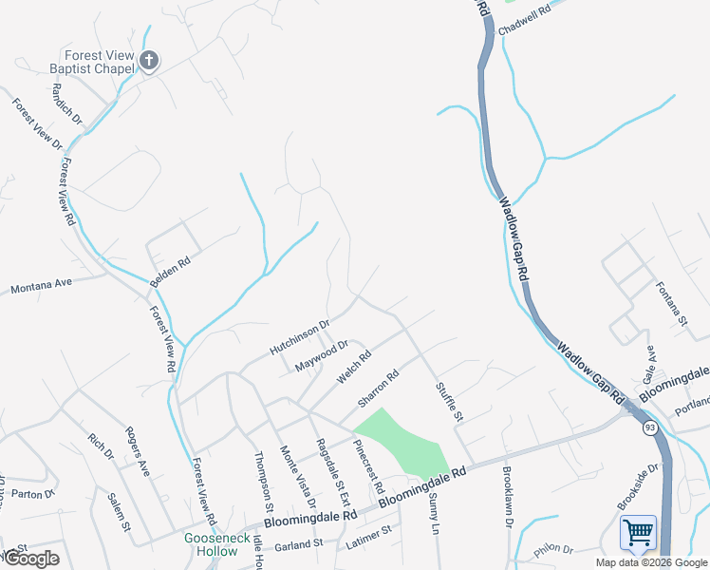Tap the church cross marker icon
pos(148,62)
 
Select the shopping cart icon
pos(638,533)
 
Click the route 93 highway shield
pos(649,428)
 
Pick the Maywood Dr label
pos(322,356)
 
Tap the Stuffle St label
pos(449,401)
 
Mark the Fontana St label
pos(672,303)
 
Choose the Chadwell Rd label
pos(526,21)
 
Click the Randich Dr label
pos(68,104)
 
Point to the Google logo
pos(30,559)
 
